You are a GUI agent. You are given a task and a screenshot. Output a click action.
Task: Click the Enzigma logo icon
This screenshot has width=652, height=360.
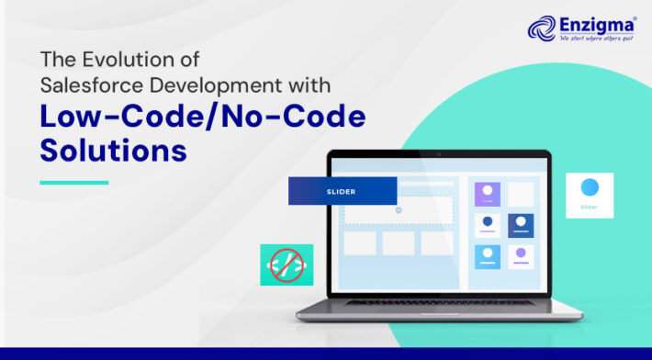pyautogui.click(x=542, y=28)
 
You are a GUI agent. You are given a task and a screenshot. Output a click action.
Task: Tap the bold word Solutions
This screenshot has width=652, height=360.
pyautogui.click(x=113, y=151)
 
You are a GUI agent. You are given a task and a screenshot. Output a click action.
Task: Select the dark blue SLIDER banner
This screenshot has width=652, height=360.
pyautogui.click(x=343, y=191)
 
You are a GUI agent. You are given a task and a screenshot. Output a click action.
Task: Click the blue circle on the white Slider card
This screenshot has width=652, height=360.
pyautogui.click(x=590, y=188)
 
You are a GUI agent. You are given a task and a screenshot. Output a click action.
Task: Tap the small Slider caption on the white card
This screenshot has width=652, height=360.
pyautogui.click(x=590, y=208)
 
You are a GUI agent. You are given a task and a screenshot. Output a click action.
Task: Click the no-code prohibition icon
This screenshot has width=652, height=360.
pyautogui.click(x=286, y=264)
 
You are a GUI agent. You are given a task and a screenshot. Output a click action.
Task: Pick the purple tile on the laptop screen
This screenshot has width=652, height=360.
pyautogui.click(x=488, y=194)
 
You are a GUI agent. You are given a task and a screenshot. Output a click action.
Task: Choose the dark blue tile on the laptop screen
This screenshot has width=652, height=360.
pyautogui.click(x=521, y=225)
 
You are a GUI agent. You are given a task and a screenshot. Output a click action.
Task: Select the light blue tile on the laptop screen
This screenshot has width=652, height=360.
pyautogui.click(x=488, y=256)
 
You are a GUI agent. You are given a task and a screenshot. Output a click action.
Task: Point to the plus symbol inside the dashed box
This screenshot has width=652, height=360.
pyautogui.click(x=399, y=210)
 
